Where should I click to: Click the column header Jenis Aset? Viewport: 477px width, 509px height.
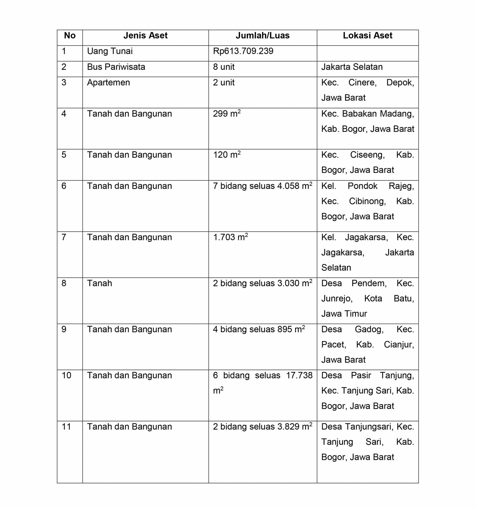pyautogui.click(x=145, y=36)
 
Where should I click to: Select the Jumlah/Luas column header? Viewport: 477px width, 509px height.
pyautogui.click(x=263, y=36)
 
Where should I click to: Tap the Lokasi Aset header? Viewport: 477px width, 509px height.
pyautogui.click(x=368, y=36)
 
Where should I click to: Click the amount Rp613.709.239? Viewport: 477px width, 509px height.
pyautogui.click(x=243, y=51)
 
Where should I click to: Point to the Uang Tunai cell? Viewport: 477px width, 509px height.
pyautogui.click(x=110, y=51)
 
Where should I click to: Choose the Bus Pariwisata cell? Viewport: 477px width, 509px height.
pyautogui.click(x=116, y=67)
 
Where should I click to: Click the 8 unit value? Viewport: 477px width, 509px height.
pyautogui.click(x=224, y=67)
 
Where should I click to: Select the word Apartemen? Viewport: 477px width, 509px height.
pyautogui.click(x=109, y=83)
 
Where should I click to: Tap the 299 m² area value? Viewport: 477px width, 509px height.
pyautogui.click(x=227, y=114)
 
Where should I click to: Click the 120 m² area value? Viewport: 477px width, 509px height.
pyautogui.click(x=227, y=155)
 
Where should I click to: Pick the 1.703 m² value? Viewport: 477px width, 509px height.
pyautogui.click(x=230, y=237)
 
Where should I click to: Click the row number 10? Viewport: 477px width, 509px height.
pyautogui.click(x=66, y=375)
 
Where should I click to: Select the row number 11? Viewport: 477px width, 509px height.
pyautogui.click(x=66, y=427)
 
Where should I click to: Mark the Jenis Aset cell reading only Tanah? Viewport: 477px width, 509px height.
pyautogui.click(x=100, y=283)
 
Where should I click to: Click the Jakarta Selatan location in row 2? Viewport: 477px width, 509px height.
pyautogui.click(x=352, y=67)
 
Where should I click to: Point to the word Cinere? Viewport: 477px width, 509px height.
pyautogui.click(x=363, y=83)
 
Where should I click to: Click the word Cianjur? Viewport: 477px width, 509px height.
pyautogui.click(x=399, y=345)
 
